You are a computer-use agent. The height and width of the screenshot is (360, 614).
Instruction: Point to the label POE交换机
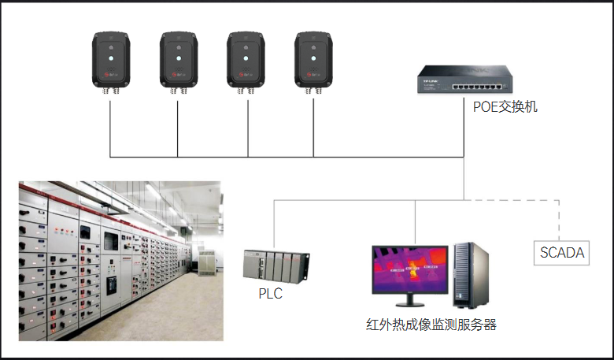click(x=505, y=106)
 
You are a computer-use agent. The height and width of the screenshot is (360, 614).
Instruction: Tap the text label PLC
click(x=270, y=294)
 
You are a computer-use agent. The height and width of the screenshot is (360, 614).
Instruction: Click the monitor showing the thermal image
click(x=409, y=272)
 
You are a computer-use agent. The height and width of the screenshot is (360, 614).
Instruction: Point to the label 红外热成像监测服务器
click(x=431, y=325)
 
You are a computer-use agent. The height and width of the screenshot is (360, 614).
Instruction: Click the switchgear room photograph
click(x=120, y=261)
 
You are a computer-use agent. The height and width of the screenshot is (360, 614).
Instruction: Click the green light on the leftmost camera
click(x=110, y=57)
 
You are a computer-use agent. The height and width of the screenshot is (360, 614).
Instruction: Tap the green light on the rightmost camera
click(x=312, y=57)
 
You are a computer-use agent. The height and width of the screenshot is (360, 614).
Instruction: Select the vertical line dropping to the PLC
click(x=274, y=225)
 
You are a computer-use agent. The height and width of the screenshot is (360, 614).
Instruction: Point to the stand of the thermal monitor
click(x=409, y=302)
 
